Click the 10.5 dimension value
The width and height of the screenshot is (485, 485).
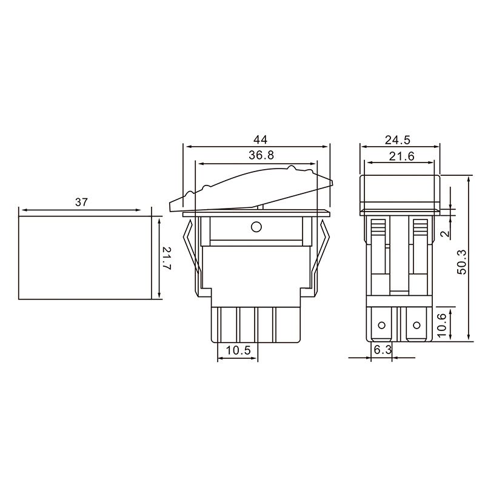tap(237, 351)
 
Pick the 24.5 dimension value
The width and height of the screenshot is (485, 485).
tap(399, 139)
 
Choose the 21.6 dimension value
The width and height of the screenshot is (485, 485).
tap(399, 156)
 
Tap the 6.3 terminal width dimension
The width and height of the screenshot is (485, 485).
tap(383, 350)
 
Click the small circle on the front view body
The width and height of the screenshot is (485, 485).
tap(256, 227)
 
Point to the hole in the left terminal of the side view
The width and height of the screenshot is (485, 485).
tap(381, 326)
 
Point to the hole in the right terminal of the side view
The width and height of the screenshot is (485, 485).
tap(416, 326)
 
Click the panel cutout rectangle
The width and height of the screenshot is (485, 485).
tap(84, 258)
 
